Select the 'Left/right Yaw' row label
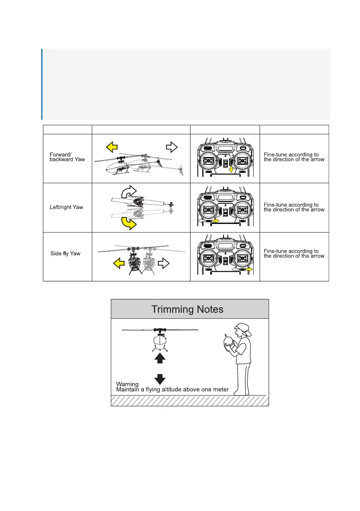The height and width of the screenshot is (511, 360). pyautogui.click(x=67, y=207)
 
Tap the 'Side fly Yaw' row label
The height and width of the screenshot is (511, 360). pyautogui.click(x=66, y=254)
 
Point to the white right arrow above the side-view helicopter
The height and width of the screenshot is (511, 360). pyautogui.click(x=171, y=148)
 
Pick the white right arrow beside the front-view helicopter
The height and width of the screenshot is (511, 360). pyautogui.click(x=165, y=262)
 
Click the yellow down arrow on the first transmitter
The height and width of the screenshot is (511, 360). pyautogui.click(x=231, y=171)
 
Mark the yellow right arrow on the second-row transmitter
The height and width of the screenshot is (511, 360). pyautogui.click(x=215, y=221)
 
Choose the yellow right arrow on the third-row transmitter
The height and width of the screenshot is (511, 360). pyautogui.click(x=249, y=269)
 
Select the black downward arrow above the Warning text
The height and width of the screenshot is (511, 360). pyautogui.click(x=160, y=379)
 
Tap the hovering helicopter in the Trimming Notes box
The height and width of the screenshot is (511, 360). pyautogui.click(x=160, y=339)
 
